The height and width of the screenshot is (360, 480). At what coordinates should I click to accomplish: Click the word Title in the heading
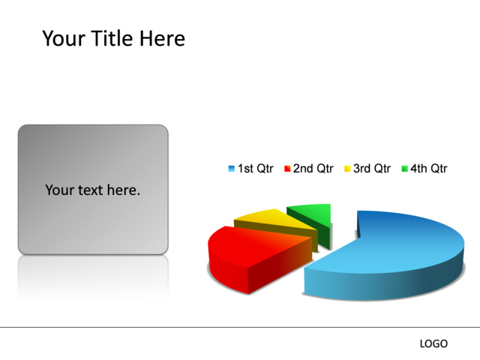click(112, 38)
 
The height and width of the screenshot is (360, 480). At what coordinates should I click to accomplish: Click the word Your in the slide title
click(64, 38)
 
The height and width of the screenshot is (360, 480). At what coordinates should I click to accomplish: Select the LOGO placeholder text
click(433, 343)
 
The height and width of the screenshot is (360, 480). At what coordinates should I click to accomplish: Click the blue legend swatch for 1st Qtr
click(232, 169)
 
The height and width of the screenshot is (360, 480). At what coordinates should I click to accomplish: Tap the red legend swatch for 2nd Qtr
click(287, 169)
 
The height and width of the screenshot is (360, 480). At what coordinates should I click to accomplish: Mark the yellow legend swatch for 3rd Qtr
click(347, 169)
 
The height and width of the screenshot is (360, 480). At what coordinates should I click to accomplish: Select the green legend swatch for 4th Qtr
click(404, 169)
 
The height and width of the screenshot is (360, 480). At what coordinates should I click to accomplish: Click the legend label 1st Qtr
click(256, 169)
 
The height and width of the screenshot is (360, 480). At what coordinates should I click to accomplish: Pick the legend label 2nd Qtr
click(313, 169)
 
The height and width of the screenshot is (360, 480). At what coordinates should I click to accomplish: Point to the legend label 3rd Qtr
click(372, 169)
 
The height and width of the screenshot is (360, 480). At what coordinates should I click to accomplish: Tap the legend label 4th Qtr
click(429, 169)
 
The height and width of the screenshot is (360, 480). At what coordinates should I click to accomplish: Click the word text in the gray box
click(90, 190)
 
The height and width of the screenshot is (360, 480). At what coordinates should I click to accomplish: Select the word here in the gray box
click(124, 190)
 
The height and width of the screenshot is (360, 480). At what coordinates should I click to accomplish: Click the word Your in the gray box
click(59, 190)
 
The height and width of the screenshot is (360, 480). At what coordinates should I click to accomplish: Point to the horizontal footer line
click(240, 327)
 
